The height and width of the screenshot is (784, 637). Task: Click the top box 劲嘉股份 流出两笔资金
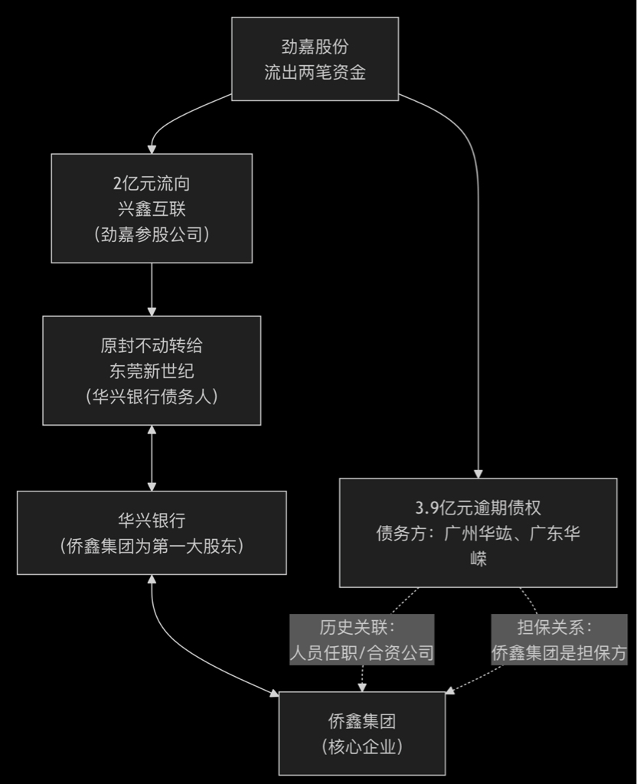pyautogui.click(x=315, y=59)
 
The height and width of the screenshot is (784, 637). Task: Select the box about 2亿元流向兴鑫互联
pyautogui.click(x=152, y=208)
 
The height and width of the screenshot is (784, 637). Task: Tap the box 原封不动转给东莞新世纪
pyautogui.click(x=152, y=371)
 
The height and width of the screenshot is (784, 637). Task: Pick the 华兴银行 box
pyautogui.click(x=152, y=533)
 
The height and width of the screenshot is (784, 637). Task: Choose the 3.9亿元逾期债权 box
pyautogui.click(x=479, y=533)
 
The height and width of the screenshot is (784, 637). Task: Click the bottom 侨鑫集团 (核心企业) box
pyautogui.click(x=361, y=733)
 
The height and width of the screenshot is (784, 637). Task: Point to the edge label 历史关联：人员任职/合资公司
pyautogui.click(x=361, y=640)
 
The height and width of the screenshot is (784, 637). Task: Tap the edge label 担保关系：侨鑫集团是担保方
pyautogui.click(x=559, y=640)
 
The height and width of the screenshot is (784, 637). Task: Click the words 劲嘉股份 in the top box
pyautogui.click(x=315, y=47)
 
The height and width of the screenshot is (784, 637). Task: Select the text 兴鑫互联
pyautogui.click(x=152, y=208)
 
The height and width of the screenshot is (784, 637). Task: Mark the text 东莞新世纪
pyautogui.click(x=152, y=371)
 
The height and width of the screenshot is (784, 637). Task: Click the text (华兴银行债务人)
pyautogui.click(x=152, y=396)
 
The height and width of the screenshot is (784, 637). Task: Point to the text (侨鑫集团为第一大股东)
pyautogui.click(x=152, y=546)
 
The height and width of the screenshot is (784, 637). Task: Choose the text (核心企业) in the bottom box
pyautogui.click(x=361, y=746)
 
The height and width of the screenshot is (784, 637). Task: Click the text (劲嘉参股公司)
pyautogui.click(x=152, y=234)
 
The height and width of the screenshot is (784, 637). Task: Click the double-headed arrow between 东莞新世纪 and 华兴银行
pyautogui.click(x=152, y=458)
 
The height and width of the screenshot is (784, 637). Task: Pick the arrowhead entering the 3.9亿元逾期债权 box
pyautogui.click(x=479, y=472)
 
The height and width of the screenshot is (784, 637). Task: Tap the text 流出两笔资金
pyautogui.click(x=315, y=73)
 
